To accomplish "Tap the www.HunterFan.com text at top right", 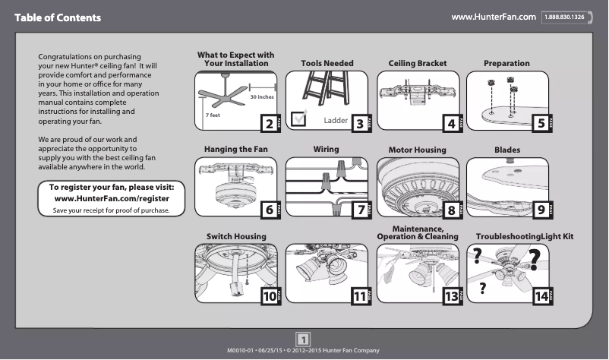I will click(494, 17).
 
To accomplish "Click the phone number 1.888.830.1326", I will click(566, 17).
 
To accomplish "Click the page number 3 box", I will click(359, 124).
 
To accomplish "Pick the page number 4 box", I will click(452, 124).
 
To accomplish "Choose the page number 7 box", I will click(359, 210).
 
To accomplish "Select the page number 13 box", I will click(452, 297).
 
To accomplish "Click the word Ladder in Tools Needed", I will click(335, 120).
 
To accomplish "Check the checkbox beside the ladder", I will click(298, 116).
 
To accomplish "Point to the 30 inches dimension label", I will click(261, 97).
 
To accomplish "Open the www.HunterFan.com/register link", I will click(112, 198).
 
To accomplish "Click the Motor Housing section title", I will click(417, 150).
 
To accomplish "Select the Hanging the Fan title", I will click(235, 150).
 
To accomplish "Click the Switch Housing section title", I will click(236, 237).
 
